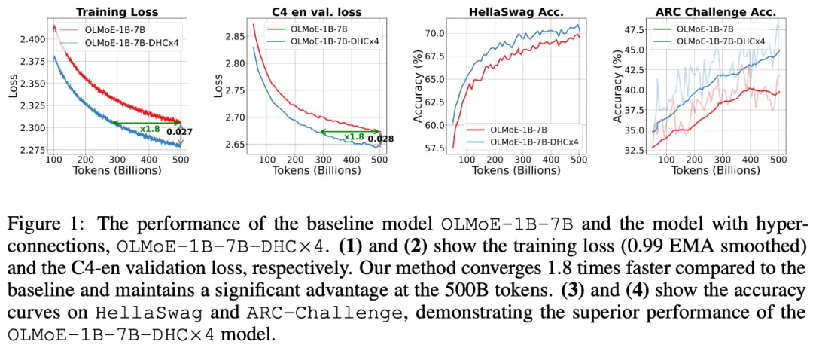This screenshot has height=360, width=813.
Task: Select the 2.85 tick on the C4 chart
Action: point(232,36)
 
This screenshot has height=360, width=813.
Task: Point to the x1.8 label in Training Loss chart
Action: point(150,129)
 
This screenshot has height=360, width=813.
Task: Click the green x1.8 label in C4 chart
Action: point(354,136)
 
